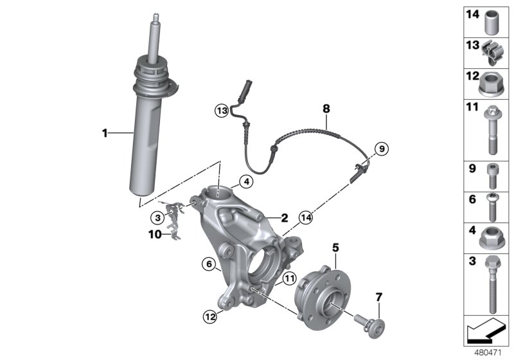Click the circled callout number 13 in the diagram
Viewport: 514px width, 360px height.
click(x=222, y=111)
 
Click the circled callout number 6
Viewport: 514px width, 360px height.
click(x=208, y=263)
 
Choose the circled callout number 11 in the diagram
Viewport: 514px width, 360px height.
click(x=289, y=278)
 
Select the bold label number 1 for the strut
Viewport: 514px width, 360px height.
click(x=103, y=133)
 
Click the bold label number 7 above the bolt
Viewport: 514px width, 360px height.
click(x=378, y=296)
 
